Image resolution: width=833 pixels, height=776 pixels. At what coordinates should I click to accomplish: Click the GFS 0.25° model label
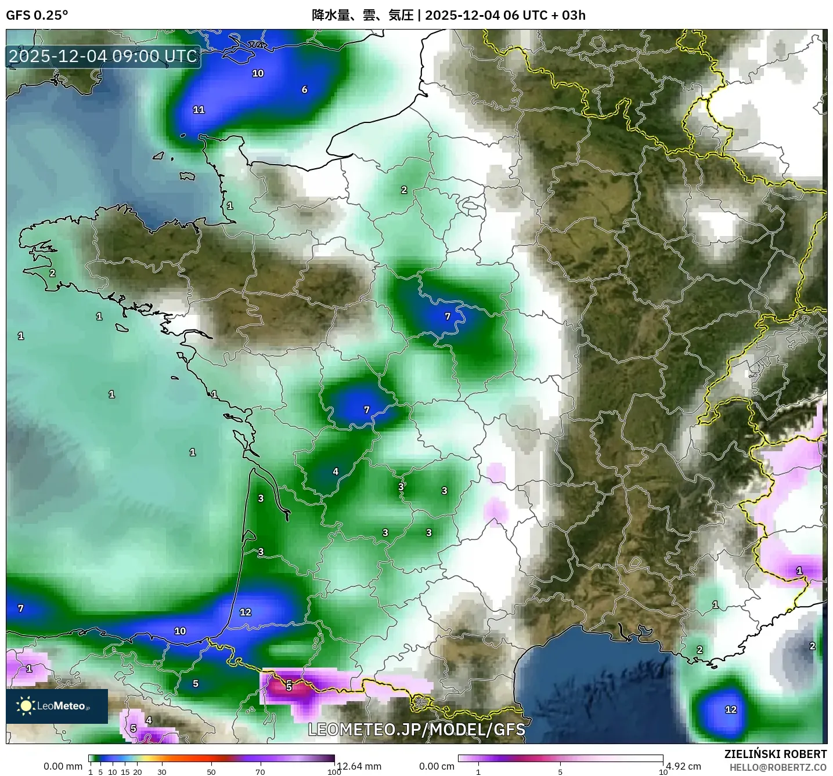[37, 15]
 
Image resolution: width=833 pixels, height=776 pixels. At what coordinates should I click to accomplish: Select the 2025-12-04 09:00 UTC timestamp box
[103, 56]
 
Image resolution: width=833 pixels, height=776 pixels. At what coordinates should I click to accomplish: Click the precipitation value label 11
[199, 110]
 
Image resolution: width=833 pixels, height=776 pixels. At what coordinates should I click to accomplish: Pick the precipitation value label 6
[304, 89]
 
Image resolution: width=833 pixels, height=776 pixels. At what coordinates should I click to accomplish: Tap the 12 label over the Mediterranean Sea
[731, 709]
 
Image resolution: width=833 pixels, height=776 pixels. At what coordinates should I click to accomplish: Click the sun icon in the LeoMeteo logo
[26, 705]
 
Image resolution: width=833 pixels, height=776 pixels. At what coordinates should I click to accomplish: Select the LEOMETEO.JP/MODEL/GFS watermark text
[416, 729]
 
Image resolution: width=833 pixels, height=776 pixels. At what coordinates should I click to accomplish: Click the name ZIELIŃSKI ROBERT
[776, 754]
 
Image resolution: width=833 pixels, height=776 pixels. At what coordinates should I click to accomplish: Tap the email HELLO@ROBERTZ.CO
[778, 767]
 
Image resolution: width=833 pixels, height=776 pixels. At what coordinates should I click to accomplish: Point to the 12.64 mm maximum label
[359, 766]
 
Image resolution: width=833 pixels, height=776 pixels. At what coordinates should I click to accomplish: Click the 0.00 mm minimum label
[63, 766]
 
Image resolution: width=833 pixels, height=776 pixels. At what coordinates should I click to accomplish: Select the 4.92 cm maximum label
[684, 766]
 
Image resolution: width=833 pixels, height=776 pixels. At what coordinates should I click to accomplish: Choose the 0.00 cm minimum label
[437, 766]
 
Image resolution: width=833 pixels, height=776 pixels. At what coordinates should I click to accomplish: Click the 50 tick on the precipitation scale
[211, 772]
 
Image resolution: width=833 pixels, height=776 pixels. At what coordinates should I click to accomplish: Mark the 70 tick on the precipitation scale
[260, 772]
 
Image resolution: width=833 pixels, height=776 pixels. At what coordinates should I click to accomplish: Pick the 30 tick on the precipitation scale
[162, 772]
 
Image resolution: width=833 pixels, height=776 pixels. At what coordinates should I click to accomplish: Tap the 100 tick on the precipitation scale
[334, 772]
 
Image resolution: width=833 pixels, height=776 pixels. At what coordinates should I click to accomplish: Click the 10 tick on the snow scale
[663, 772]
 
